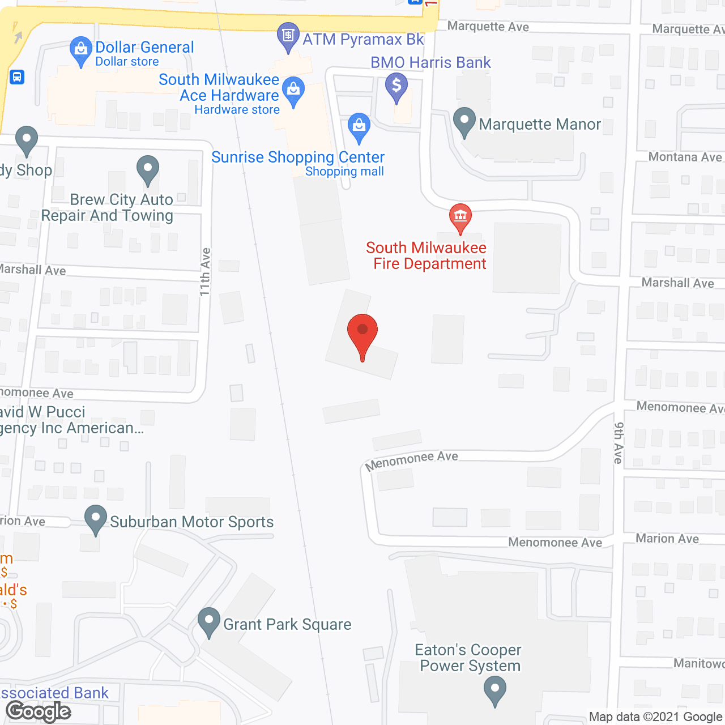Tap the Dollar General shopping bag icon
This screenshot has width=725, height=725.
81,50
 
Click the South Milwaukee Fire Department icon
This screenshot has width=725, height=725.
460,216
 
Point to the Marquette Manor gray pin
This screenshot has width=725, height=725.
464,121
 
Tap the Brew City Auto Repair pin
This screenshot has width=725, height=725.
148,169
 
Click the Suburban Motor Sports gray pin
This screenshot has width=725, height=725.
96,518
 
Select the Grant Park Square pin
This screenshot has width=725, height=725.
209,621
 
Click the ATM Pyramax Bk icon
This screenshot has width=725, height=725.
288,36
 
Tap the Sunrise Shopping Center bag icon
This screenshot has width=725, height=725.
359,126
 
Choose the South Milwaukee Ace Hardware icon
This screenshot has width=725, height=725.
293,91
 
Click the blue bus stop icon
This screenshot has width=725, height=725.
17,76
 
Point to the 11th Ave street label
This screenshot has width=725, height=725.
204,272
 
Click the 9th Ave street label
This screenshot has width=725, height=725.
619,443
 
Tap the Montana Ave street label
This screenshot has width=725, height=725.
685,157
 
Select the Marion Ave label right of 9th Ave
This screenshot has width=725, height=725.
667,539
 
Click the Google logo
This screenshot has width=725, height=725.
39,711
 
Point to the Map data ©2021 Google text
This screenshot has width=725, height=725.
655,717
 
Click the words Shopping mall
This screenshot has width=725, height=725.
344,172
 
